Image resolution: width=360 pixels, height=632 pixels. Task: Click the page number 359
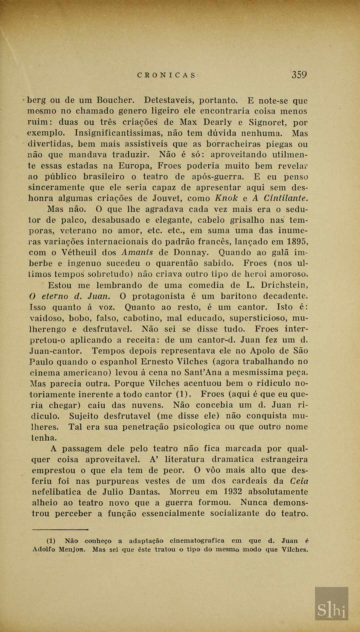point(299,75)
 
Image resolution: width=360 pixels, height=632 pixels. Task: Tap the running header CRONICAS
point(166,75)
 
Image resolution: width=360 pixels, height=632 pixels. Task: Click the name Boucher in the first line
point(115,100)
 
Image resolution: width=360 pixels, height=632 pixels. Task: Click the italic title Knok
point(226,198)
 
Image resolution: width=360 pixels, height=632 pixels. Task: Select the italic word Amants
point(137,252)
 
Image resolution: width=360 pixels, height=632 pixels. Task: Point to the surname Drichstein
point(284,285)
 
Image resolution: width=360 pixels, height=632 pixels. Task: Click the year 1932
point(233,492)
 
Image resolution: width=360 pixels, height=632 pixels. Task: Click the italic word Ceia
point(299,481)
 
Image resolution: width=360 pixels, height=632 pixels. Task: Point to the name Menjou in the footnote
point(72,549)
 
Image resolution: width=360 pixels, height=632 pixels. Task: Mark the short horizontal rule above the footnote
point(60,529)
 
